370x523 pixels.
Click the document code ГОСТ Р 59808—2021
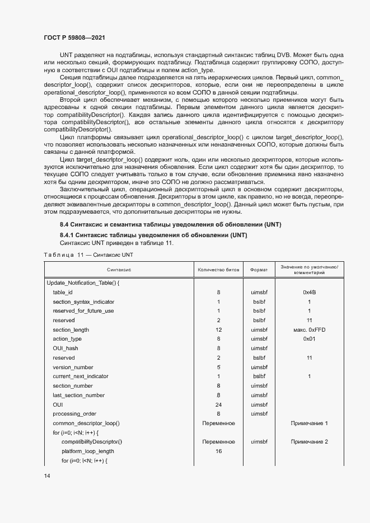pos(74,37)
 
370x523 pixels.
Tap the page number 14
pos(47,475)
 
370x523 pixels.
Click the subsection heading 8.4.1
pos(153,235)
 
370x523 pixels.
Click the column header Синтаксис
pos(119,270)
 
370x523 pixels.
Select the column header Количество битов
pos(218,270)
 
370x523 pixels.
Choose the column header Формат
pos(259,270)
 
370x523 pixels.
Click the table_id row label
pos(63,292)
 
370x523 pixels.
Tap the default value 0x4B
pos(309,292)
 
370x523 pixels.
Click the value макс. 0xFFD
pos(309,329)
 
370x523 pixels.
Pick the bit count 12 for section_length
pos(218,329)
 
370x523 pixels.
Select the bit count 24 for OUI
pos(218,404)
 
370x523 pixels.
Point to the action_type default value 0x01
pos(309,339)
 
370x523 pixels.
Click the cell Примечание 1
pos(309,423)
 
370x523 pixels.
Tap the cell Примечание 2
pos(309,442)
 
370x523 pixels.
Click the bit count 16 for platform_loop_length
pos(218,451)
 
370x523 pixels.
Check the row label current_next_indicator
pos(81,376)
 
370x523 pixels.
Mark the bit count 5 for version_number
pos(218,367)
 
